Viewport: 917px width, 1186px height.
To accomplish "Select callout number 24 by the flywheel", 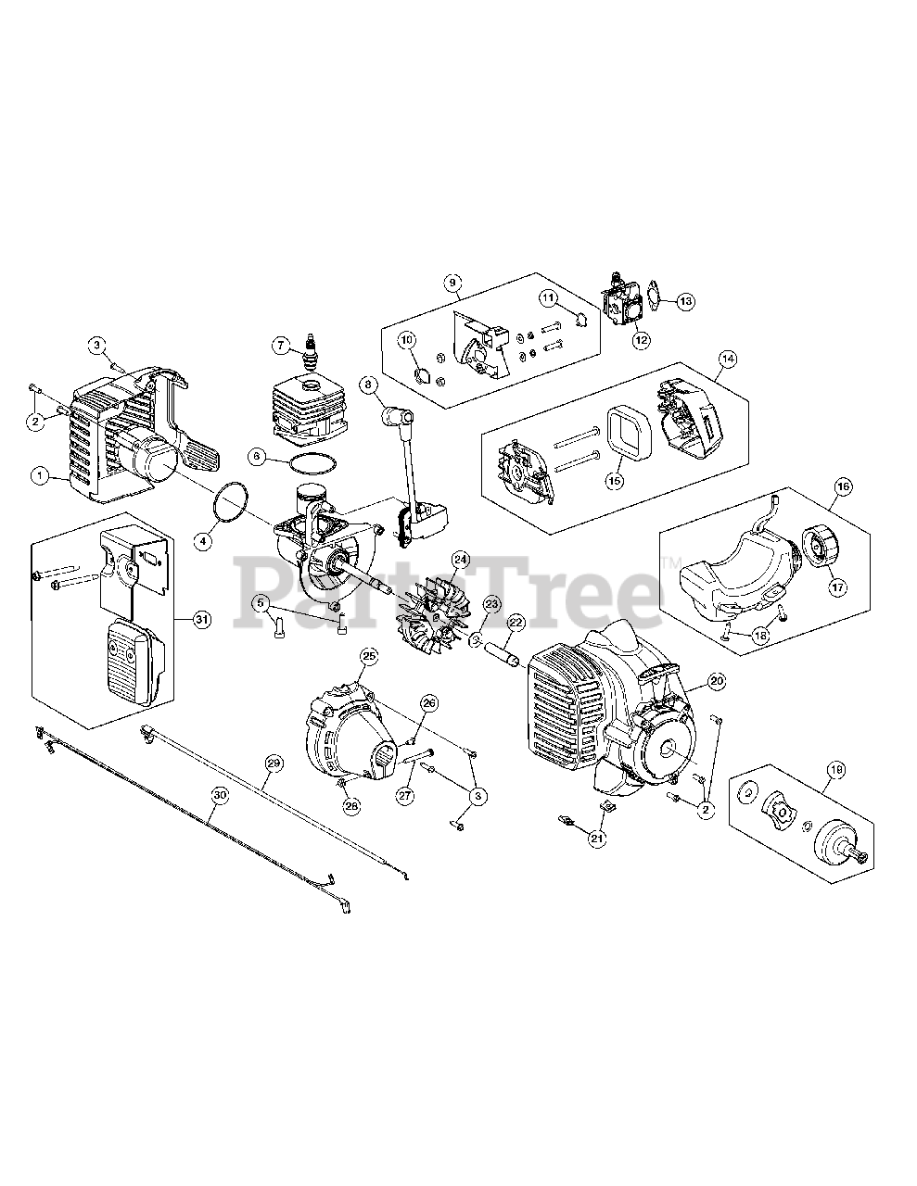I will pos(461,560).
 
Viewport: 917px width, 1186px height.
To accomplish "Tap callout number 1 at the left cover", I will pos(41,475).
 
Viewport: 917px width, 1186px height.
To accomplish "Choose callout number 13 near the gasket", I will pos(685,300).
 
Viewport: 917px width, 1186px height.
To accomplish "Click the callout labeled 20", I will pos(716,681).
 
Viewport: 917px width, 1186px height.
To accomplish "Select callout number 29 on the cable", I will pos(273,763).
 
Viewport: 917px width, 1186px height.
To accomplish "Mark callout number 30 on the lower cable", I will pos(219,794).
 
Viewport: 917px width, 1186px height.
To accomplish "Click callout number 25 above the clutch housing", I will pos(369,656).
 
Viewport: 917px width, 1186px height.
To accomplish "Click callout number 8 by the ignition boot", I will pos(368,383).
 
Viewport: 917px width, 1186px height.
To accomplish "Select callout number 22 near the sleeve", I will pos(516,623).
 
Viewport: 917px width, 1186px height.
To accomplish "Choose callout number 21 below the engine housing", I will pos(597,839).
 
